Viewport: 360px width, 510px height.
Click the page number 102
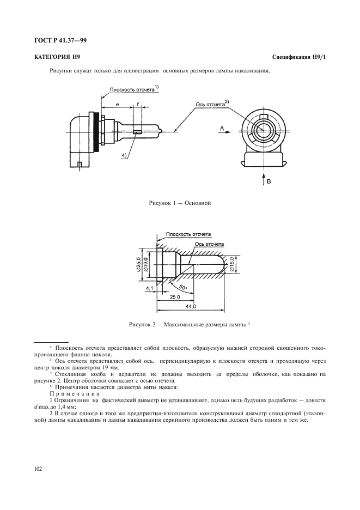click(x=39, y=467)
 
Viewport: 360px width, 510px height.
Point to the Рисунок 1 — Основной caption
click(x=180, y=203)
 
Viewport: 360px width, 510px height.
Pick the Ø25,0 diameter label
click(x=138, y=264)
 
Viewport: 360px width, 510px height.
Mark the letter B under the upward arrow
click(x=267, y=183)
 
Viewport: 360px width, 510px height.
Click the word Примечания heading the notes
click(x=69, y=394)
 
